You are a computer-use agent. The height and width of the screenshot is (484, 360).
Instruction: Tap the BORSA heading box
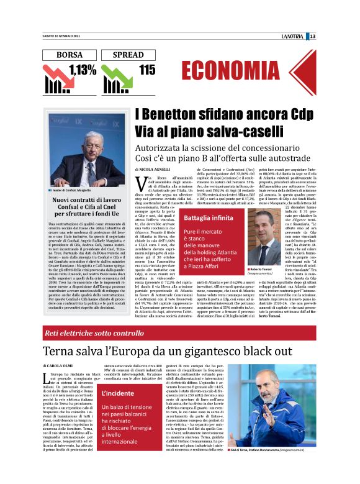[x=69, y=55]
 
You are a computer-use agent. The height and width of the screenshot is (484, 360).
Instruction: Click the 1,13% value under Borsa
[x=83, y=70]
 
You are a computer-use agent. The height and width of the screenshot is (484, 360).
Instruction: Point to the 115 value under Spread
[x=147, y=70]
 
